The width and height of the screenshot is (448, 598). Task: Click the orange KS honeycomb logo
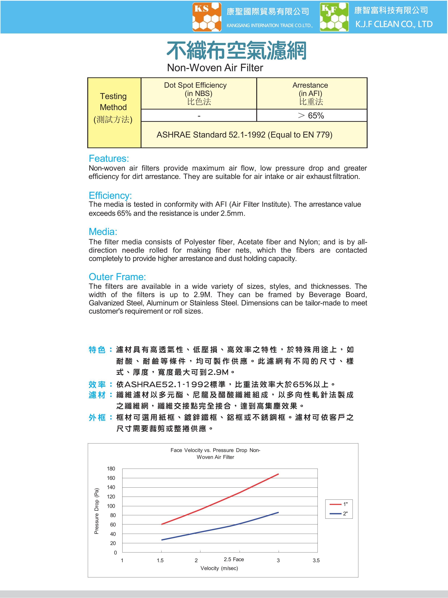click(x=207, y=17)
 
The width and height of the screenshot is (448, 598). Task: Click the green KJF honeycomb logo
click(x=334, y=17)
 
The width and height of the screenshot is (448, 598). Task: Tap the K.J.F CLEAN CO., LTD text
click(x=394, y=24)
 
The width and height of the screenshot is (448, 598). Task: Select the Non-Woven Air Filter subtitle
click(x=215, y=68)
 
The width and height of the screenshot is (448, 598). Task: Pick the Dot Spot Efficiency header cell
click(x=199, y=93)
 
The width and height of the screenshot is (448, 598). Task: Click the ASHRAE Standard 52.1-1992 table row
click(x=244, y=135)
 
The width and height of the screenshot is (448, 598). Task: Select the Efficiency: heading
click(x=110, y=196)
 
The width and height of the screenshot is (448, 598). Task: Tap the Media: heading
click(x=103, y=232)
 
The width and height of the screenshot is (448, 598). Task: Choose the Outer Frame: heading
click(x=117, y=277)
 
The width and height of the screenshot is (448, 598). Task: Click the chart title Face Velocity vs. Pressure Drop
click(x=215, y=453)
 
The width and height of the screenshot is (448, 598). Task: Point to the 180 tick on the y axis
click(x=111, y=468)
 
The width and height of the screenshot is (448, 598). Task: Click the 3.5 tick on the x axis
click(x=316, y=560)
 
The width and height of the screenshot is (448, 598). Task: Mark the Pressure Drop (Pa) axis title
click(x=97, y=511)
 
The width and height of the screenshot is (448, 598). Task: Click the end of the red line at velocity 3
click(x=278, y=474)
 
